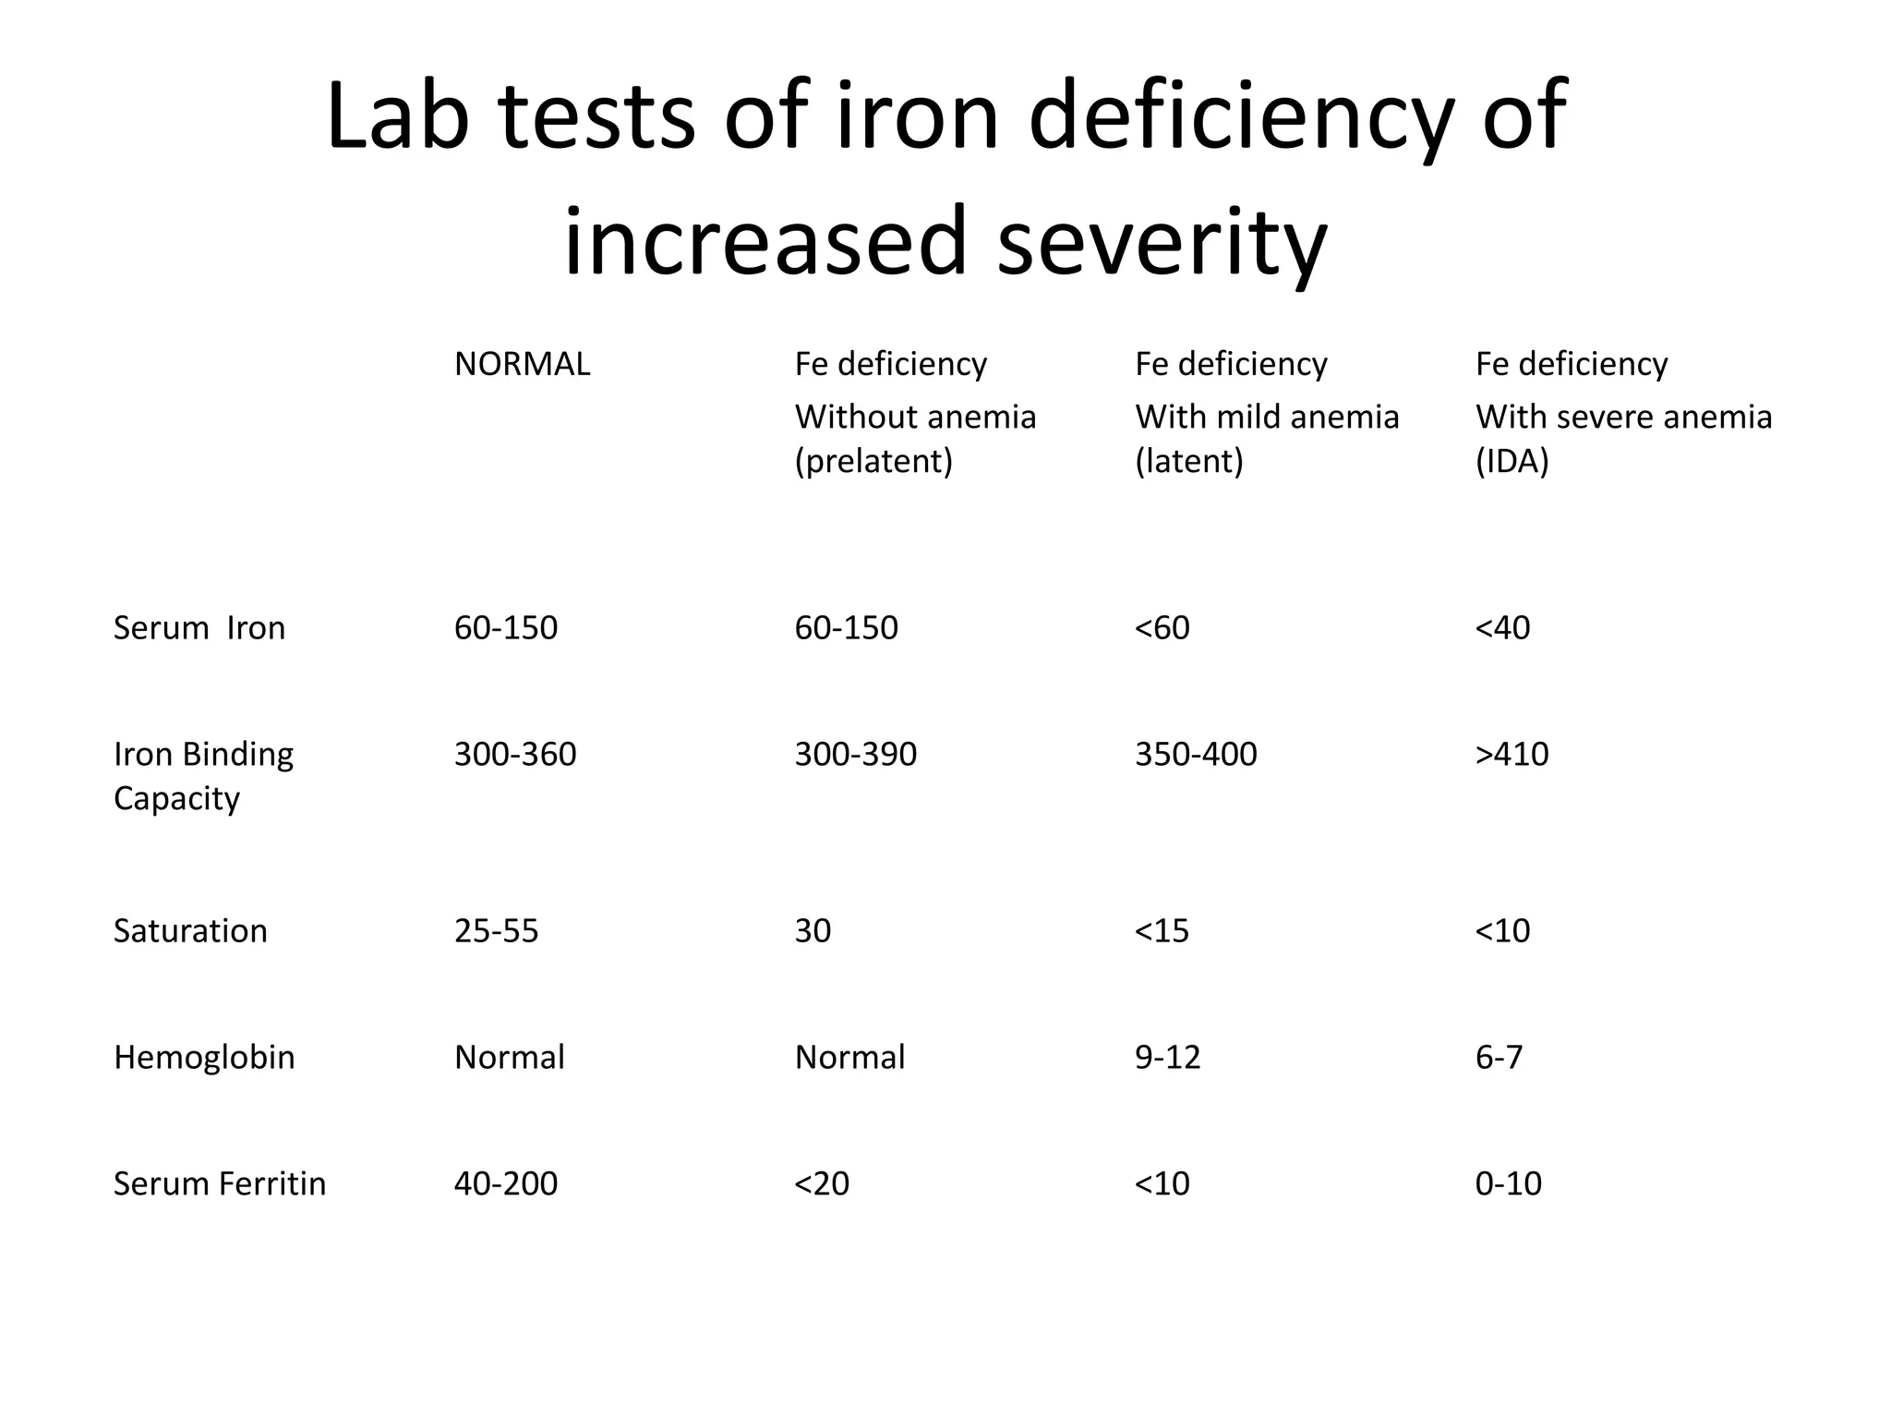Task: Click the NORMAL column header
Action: (522, 364)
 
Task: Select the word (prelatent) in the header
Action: (873, 460)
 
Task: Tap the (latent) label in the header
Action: (1189, 460)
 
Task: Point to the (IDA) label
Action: (1512, 460)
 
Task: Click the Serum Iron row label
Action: (199, 628)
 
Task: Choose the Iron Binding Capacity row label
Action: (203, 775)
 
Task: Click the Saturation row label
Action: (190, 930)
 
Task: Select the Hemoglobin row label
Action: (204, 1057)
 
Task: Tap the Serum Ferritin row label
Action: (220, 1183)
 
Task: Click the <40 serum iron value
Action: (1502, 628)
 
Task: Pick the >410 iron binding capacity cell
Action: (1512, 754)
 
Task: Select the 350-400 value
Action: (1196, 754)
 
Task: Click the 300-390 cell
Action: (855, 754)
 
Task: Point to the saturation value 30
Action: (813, 930)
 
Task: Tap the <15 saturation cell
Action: (1162, 930)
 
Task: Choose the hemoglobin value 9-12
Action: (1167, 1057)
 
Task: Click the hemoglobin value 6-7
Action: (1499, 1057)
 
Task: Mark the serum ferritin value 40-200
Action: (506, 1183)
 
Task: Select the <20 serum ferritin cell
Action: (822, 1183)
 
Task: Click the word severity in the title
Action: (1162, 242)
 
